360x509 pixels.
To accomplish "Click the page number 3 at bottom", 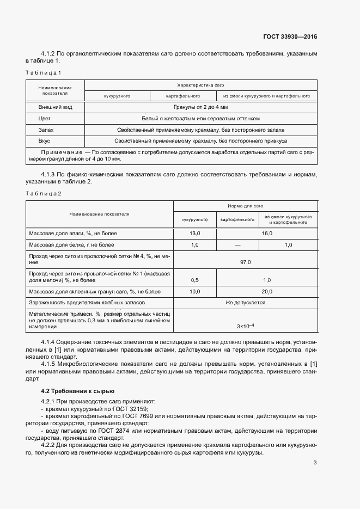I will pyautogui.click(x=315, y=463).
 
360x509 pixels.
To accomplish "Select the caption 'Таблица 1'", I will pyautogui.click(x=44, y=72).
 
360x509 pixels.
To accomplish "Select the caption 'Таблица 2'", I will pyautogui.click(x=44, y=193).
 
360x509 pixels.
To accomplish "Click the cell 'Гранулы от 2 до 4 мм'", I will pyautogui.click(x=200, y=107).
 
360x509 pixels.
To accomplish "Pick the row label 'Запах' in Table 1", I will pyautogui.click(x=46, y=130).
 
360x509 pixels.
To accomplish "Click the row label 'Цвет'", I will pyautogui.click(x=44, y=119).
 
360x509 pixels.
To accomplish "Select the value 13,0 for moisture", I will pyautogui.click(x=194, y=233).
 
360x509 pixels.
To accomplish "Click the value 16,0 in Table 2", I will pyautogui.click(x=267, y=233).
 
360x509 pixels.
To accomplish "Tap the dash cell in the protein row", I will pyautogui.click(x=237, y=245).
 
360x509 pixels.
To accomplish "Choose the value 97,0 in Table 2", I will pyautogui.click(x=245, y=262).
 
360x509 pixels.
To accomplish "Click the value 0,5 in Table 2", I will pyautogui.click(x=194, y=280).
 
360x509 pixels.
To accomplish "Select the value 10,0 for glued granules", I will pyautogui.click(x=194, y=292).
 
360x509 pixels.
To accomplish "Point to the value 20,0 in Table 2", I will pyautogui.click(x=267, y=292).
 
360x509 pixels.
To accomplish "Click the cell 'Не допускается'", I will pyautogui.click(x=245, y=302).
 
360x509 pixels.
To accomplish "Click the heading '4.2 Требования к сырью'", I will pyautogui.click(x=77, y=391).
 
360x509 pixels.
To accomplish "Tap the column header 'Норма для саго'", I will pyautogui.click(x=245, y=206).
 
